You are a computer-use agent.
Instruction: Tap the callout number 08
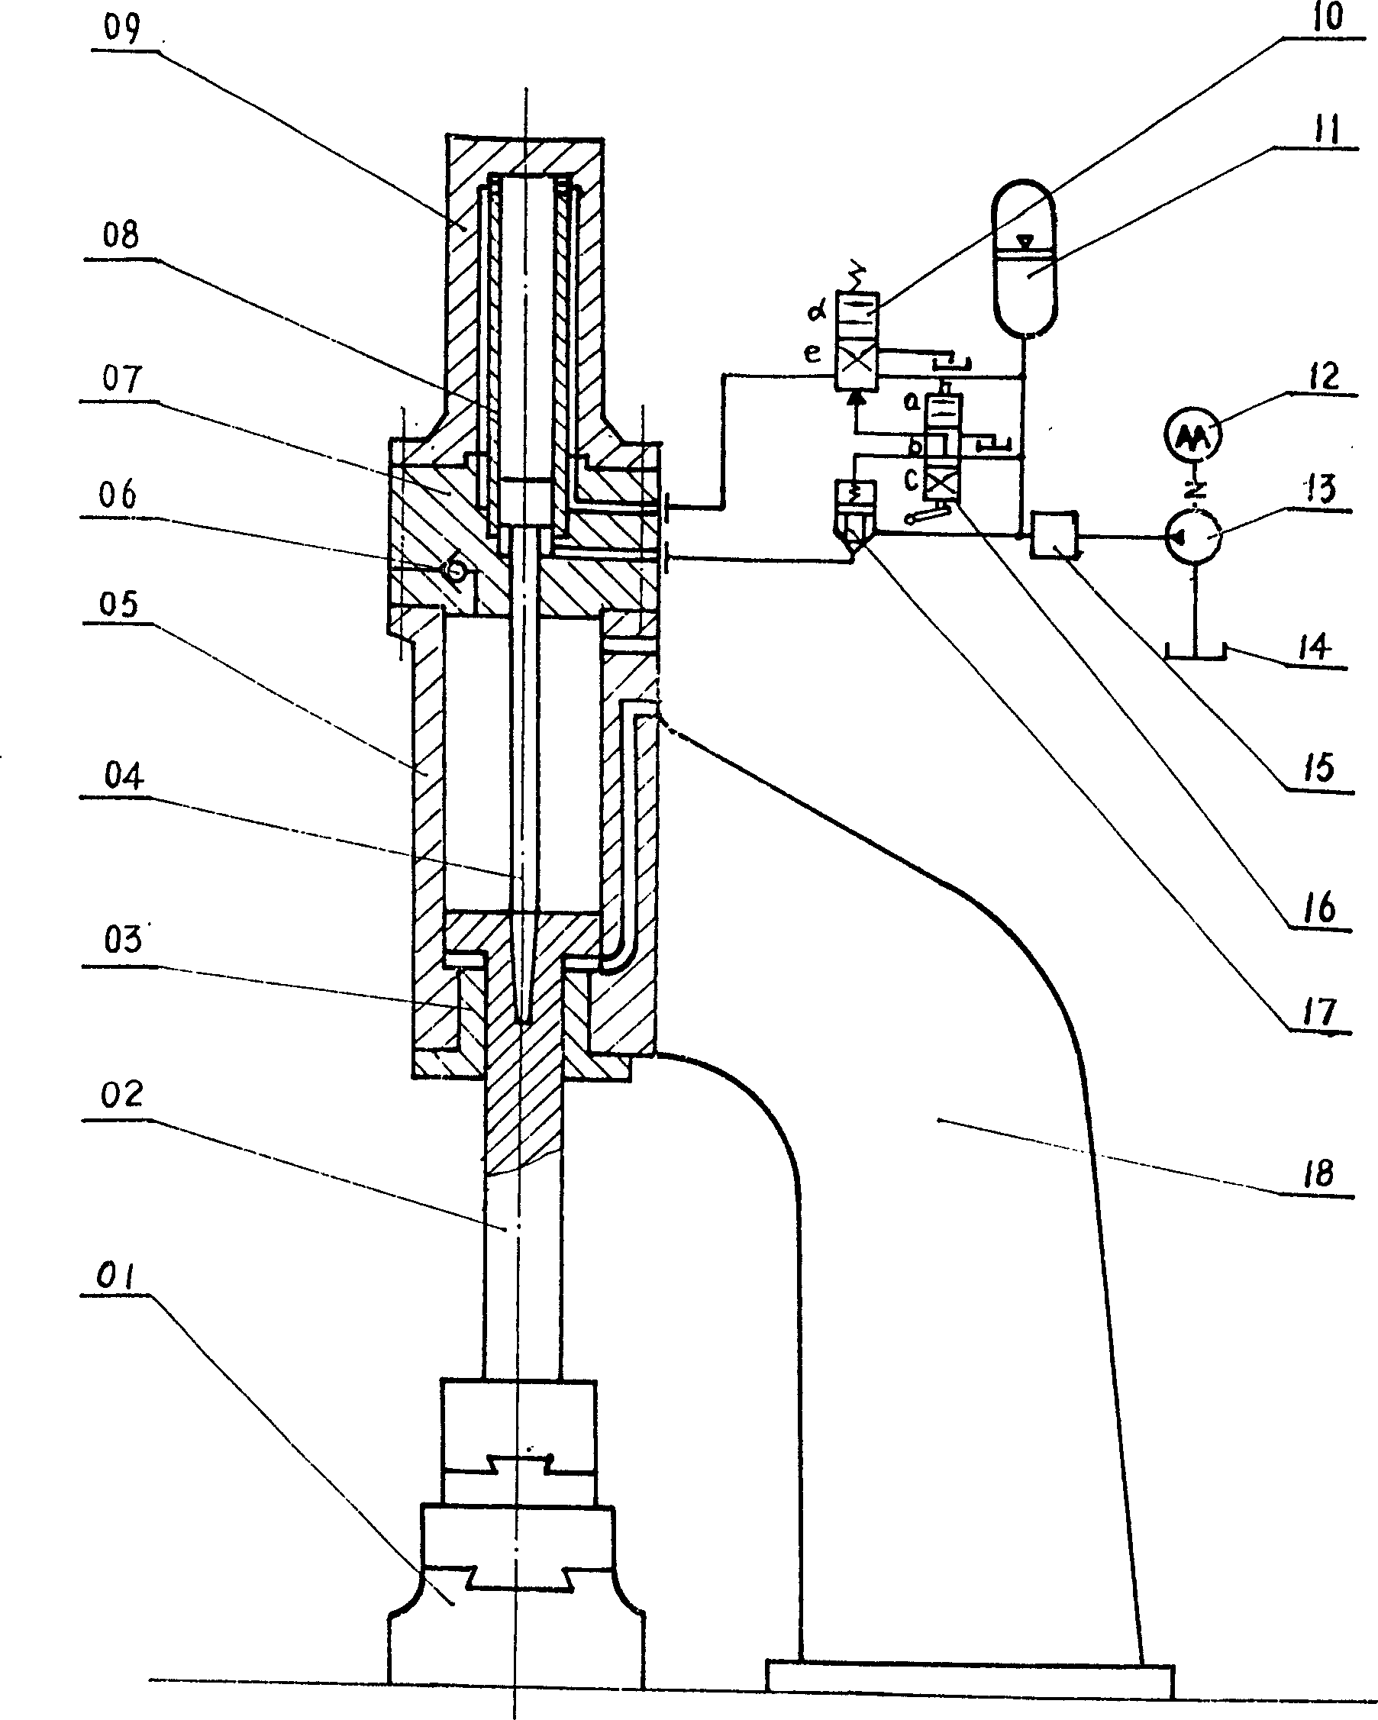coord(121,235)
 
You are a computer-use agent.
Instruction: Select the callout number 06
coord(118,495)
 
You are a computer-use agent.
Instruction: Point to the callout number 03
coord(123,939)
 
